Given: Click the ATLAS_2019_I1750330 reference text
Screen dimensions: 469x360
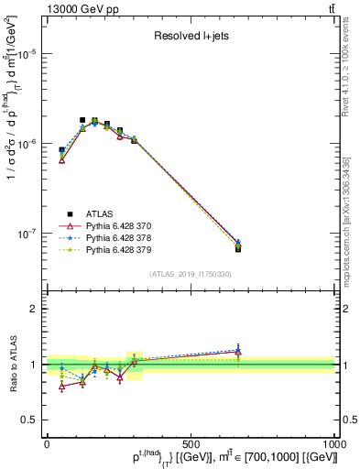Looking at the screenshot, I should pyautogui.click(x=190, y=273).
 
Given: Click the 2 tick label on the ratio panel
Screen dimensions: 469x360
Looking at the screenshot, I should pyautogui.click(x=35, y=309).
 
